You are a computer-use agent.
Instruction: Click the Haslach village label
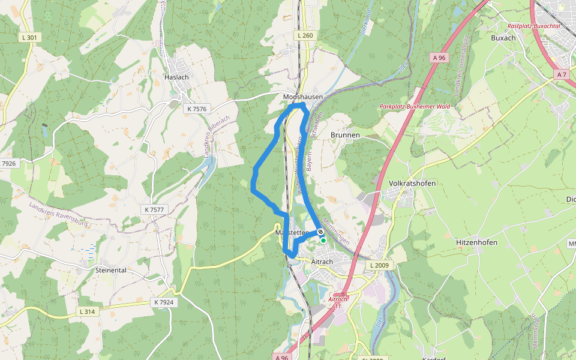pos(176,77)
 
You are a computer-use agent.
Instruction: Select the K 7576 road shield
pos(197,109)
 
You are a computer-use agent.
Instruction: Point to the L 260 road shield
pos(305,36)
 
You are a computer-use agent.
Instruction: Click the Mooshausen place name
pos(303,97)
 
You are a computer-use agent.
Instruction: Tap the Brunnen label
pos(345,135)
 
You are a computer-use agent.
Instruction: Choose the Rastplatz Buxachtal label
pos(533,26)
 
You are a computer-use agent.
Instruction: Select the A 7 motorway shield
pos(561,74)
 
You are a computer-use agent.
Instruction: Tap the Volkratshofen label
pos(412,183)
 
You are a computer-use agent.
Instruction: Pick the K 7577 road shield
pos(154,209)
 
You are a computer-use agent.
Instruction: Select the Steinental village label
pos(110,270)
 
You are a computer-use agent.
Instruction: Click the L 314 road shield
pos(87,311)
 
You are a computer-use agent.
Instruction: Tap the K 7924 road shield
pos(163,302)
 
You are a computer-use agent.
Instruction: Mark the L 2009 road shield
pos(380,265)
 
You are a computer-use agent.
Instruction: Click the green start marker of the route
pos(323,241)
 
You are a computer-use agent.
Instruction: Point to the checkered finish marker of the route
pos(321,232)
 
